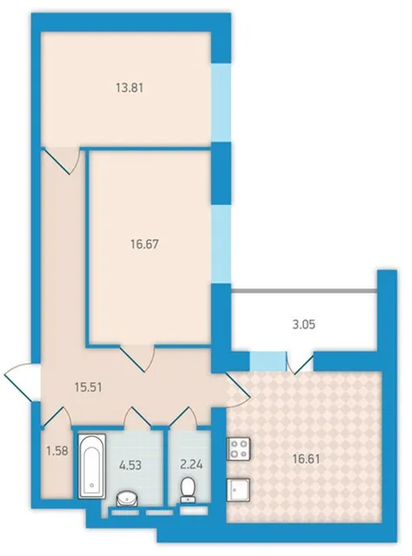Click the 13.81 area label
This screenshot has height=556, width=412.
[x=130, y=88]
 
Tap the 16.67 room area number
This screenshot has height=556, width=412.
[x=144, y=244]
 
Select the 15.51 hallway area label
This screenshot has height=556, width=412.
[x=89, y=387]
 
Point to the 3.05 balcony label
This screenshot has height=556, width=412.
[x=303, y=324]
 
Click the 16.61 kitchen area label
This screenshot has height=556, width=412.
[x=307, y=460]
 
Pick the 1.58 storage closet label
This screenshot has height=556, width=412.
[x=57, y=452]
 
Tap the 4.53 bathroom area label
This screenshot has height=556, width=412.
[x=130, y=465]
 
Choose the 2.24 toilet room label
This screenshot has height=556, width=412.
[x=191, y=464]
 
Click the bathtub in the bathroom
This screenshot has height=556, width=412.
[x=91, y=466]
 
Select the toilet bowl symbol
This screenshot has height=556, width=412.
[x=189, y=490]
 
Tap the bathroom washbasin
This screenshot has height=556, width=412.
[x=128, y=499]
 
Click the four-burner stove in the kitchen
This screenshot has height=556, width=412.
[x=238, y=448]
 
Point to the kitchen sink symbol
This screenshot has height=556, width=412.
[x=238, y=490]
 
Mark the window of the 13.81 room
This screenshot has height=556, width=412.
[x=221, y=103]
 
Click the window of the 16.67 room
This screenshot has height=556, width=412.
[x=221, y=244]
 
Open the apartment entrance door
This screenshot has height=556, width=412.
[x=22, y=382]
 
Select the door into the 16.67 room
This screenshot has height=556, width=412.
[x=137, y=357]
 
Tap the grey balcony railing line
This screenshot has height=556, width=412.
[x=303, y=292]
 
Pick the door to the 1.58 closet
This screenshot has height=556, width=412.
[x=56, y=417]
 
